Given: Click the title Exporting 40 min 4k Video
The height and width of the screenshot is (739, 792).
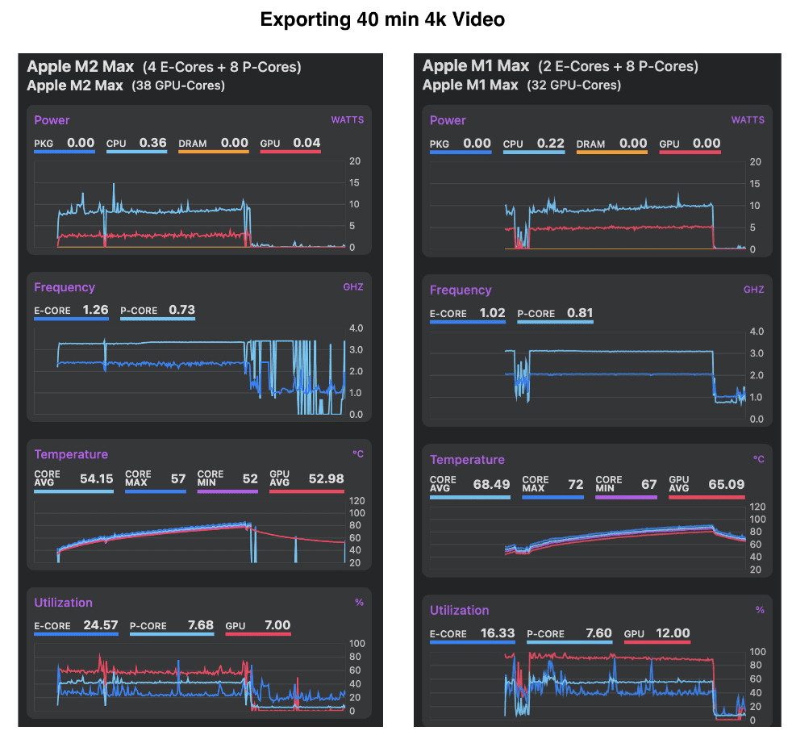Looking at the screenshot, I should coord(382,20).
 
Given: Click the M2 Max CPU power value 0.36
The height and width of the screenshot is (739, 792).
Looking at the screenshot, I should coord(152,143).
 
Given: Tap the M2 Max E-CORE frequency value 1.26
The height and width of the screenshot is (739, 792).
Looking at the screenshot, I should coord(94,310).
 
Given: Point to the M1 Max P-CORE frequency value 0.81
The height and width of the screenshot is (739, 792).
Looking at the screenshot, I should coord(580,313).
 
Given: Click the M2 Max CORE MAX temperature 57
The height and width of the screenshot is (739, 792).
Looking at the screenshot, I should coord(178,478).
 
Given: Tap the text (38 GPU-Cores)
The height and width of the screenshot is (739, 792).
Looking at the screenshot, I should coord(178,86).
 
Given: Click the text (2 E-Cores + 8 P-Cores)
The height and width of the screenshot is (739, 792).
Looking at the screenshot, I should coord(618,67).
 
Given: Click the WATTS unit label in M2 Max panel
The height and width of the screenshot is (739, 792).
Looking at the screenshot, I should coord(347,120).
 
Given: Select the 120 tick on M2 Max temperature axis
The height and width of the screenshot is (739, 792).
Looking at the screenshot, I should coord(356,500).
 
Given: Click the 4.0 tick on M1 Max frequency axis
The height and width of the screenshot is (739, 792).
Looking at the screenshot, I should coord(757,332).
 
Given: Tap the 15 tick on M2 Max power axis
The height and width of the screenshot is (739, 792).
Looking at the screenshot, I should coord(354,182).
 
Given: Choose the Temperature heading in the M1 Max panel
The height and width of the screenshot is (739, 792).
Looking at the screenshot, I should coord(467,460).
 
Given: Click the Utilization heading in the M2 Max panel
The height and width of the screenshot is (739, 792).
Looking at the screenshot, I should coord(63,603).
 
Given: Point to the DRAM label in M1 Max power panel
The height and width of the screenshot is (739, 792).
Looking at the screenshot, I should coord(590,144).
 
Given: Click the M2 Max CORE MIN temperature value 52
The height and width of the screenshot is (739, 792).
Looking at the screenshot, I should coord(250,478).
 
